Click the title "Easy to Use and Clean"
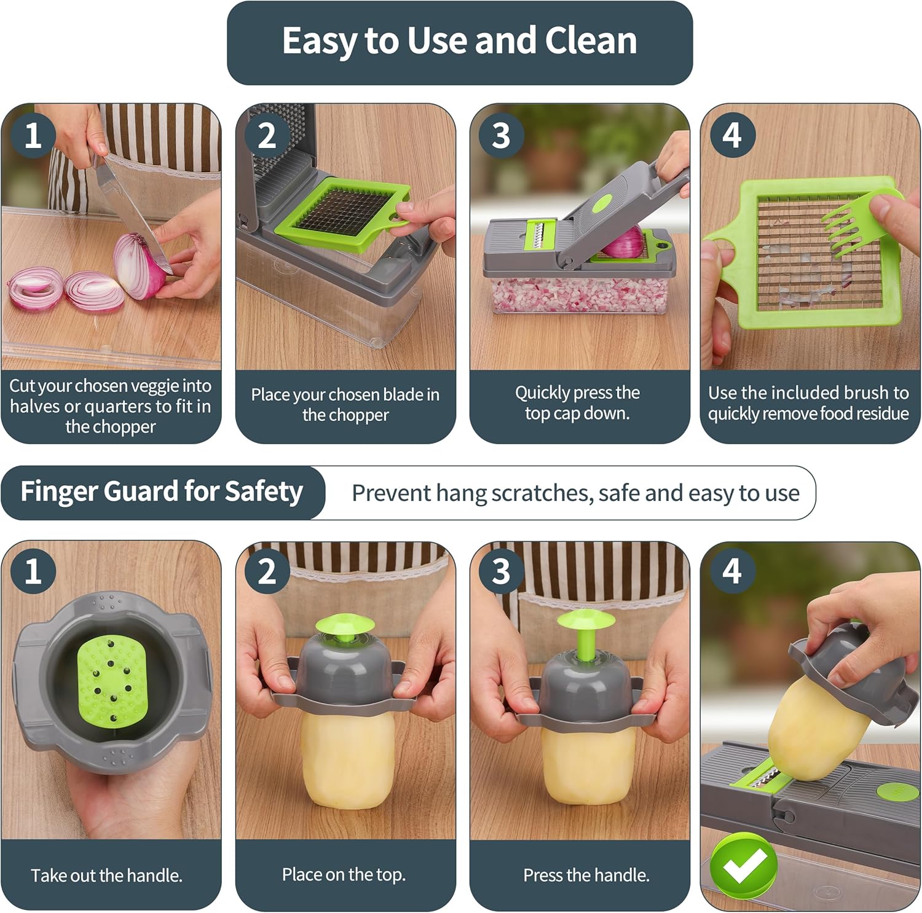(x=460, y=41)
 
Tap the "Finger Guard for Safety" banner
(x=162, y=492)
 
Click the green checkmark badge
(x=744, y=864)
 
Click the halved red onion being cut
(x=140, y=266)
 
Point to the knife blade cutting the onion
(x=132, y=209)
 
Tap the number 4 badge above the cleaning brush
(x=731, y=135)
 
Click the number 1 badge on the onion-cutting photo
(x=33, y=135)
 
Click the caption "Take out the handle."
(x=107, y=876)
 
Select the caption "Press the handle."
(x=586, y=875)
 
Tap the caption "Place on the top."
(x=344, y=874)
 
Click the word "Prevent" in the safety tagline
(x=391, y=493)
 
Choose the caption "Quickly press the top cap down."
(x=577, y=402)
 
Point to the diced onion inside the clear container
(x=579, y=296)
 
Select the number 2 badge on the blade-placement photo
(x=266, y=135)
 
